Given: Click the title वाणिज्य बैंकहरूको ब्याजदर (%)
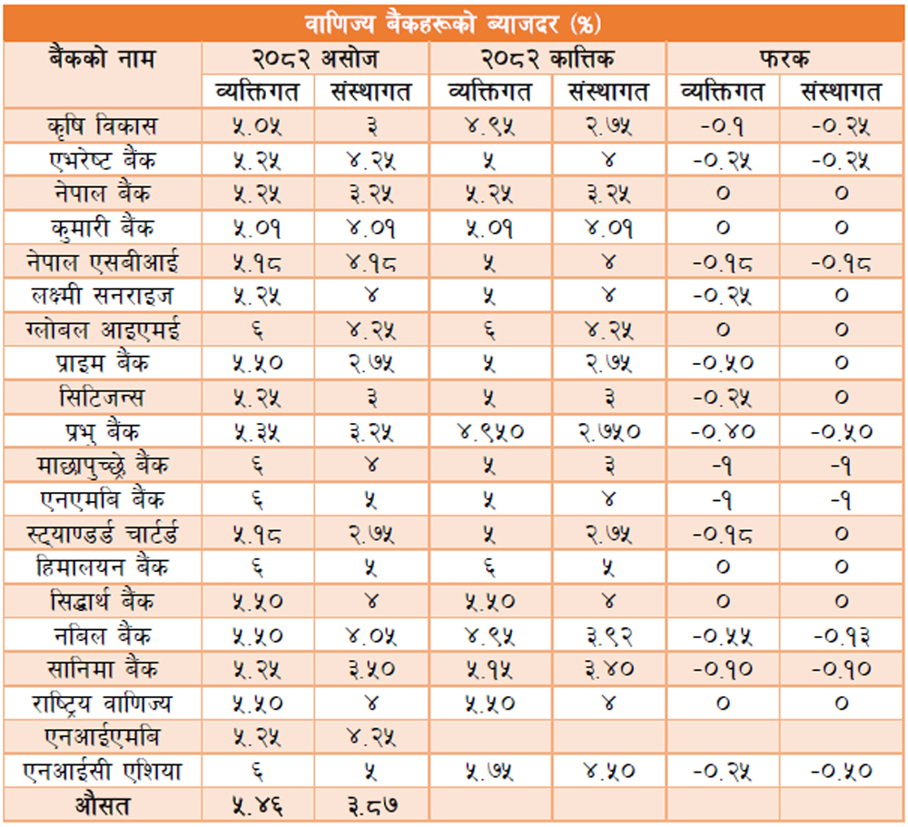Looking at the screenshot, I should pos(453,21).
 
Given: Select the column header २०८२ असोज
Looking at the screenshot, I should pos(315,60).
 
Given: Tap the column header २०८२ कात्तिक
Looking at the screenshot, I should pos(548,60).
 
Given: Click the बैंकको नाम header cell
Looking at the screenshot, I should pos(103,60).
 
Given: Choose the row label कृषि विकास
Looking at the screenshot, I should pos(103,125).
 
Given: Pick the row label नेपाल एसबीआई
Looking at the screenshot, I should pos(103,261).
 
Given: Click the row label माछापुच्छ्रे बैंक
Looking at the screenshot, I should pos(103,466).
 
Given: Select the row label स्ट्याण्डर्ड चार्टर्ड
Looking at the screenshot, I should pos(103,534).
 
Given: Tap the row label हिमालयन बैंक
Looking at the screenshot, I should pos(103,568).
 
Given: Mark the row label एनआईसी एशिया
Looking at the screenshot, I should pos(103,772).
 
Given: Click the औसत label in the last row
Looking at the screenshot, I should pos(103,804).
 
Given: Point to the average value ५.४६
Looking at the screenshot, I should pos(257,804).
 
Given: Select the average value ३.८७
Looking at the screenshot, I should pos(372,804).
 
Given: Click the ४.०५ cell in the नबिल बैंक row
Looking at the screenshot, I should pos(372,635).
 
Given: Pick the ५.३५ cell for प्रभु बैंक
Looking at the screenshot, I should pos(257,432).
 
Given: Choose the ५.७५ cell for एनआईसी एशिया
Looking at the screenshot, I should pos(490,772).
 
